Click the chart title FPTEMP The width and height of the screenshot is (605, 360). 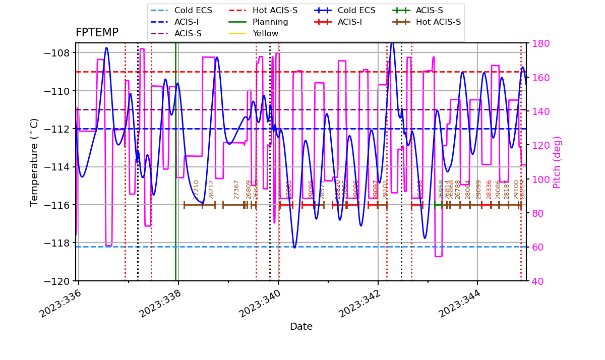click(97, 33)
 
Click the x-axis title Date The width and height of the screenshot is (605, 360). click(301, 327)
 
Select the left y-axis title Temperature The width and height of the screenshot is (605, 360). click(34, 162)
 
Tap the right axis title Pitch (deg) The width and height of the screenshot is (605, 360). click(557, 162)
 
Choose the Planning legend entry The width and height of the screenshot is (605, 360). click(270, 22)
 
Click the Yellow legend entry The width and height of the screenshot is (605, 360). click(265, 34)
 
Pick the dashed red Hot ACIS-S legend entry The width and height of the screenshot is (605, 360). click(275, 11)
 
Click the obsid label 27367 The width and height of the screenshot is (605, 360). click(236, 189)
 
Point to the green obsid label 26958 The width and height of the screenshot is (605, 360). click(441, 189)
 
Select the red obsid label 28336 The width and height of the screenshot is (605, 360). click(489, 189)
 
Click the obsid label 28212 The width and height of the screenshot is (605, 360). click(211, 189)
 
